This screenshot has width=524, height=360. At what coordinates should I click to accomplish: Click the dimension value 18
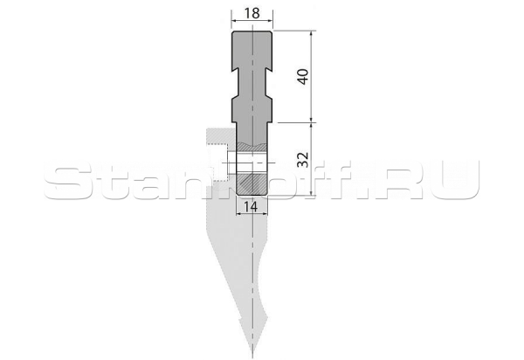(x=252, y=13)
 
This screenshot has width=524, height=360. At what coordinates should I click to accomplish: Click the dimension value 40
(x=303, y=77)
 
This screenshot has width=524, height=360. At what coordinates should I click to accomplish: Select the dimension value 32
(x=303, y=159)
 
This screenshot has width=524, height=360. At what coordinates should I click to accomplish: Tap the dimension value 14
(x=251, y=207)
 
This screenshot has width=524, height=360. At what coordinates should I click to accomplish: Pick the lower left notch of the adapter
(x=235, y=97)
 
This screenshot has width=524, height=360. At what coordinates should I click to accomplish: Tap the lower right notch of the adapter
(x=269, y=97)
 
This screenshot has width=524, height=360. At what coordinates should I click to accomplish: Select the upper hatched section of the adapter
(x=252, y=147)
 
